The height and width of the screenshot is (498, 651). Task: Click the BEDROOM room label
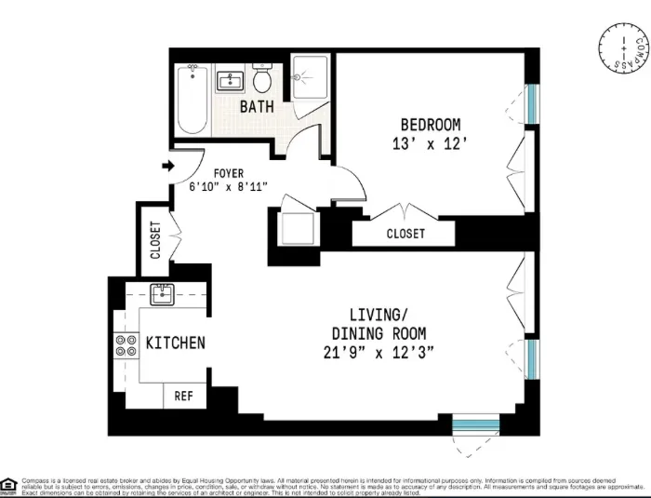(x=430, y=125)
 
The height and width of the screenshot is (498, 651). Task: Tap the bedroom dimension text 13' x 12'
(x=430, y=144)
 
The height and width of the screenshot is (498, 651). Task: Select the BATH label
(x=257, y=106)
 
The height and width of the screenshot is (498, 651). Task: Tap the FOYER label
(x=229, y=173)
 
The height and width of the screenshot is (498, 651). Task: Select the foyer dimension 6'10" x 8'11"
(x=229, y=187)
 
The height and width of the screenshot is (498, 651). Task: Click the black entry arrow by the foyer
(x=168, y=167)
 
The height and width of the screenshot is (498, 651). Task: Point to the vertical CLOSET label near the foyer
(x=154, y=239)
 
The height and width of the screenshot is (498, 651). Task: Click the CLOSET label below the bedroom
(x=405, y=234)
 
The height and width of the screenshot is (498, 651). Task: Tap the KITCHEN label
(x=175, y=343)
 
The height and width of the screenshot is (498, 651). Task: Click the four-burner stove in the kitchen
(x=124, y=346)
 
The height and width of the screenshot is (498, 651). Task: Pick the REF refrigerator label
(x=184, y=396)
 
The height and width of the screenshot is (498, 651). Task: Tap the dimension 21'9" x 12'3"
(x=379, y=353)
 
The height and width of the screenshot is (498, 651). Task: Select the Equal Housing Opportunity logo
(x=8, y=484)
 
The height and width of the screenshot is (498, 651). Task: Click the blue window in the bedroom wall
(x=531, y=104)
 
